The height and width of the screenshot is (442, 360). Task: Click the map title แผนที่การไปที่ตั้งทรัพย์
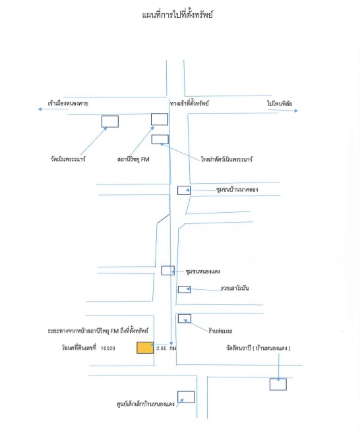click(x=177, y=14)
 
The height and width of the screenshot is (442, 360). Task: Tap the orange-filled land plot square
click(x=145, y=348)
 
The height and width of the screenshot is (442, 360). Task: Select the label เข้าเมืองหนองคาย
click(x=68, y=103)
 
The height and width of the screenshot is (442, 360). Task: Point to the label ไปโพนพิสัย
click(x=280, y=103)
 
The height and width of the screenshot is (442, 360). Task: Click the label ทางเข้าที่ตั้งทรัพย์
click(x=189, y=103)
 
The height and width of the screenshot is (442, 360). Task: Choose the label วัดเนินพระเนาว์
click(x=68, y=159)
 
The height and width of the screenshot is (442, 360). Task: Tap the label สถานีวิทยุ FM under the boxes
click(x=133, y=159)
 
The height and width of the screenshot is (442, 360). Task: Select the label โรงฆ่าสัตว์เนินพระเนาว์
click(x=227, y=159)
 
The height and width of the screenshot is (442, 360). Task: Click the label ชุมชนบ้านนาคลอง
click(x=237, y=189)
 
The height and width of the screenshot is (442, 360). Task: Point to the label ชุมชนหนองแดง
click(x=203, y=271)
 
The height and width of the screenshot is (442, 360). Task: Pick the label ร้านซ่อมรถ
click(x=220, y=331)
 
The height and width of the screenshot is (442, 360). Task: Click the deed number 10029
click(x=107, y=348)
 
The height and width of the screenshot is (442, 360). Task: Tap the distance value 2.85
click(x=161, y=348)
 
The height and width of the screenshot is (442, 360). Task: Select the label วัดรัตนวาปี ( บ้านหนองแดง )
click(x=258, y=348)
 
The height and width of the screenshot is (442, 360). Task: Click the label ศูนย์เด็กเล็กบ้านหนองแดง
click(x=146, y=404)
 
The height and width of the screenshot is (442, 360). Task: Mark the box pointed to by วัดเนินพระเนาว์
click(x=110, y=121)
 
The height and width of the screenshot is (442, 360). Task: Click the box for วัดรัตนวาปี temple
click(x=278, y=385)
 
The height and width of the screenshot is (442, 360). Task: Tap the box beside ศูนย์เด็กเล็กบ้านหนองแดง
click(x=186, y=397)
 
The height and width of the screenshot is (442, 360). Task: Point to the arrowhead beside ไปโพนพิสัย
click(x=296, y=111)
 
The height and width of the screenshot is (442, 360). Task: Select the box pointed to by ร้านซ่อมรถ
click(x=185, y=319)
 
